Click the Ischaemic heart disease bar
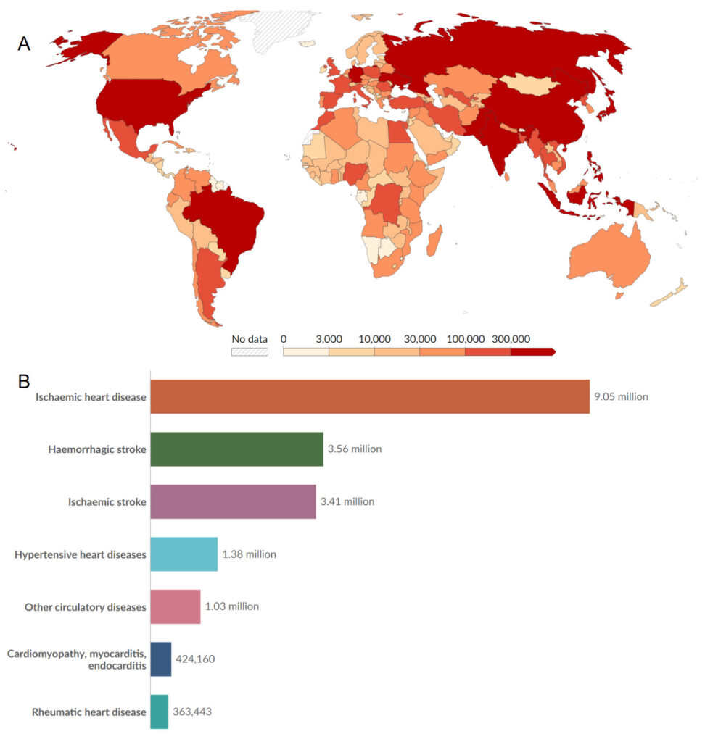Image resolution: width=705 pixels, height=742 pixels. (x=369, y=396)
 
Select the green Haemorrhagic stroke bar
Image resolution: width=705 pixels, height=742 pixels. (x=236, y=449)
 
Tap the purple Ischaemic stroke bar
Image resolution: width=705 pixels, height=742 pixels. (x=233, y=501)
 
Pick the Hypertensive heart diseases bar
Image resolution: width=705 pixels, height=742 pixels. (x=184, y=554)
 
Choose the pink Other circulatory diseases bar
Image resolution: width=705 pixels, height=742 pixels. (x=175, y=606)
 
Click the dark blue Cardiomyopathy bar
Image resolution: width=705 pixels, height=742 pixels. (x=160, y=659)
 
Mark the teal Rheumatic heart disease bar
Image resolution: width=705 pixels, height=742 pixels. (x=159, y=712)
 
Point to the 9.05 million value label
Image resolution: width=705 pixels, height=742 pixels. (x=621, y=396)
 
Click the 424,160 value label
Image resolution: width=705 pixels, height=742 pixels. (x=195, y=659)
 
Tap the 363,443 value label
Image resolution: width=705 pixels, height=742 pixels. (x=191, y=712)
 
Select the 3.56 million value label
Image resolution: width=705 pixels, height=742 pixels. (x=355, y=449)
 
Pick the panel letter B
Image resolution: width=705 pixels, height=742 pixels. (x=24, y=380)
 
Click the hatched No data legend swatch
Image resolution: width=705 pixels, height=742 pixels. (x=250, y=352)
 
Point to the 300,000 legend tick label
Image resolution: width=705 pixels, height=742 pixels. (x=511, y=339)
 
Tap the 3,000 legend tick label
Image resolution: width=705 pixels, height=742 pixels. (x=329, y=339)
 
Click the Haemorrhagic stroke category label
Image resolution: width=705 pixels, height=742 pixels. (x=97, y=449)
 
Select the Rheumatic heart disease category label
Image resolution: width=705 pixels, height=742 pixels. (x=88, y=712)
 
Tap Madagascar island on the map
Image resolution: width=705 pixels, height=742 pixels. (x=434, y=240)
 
